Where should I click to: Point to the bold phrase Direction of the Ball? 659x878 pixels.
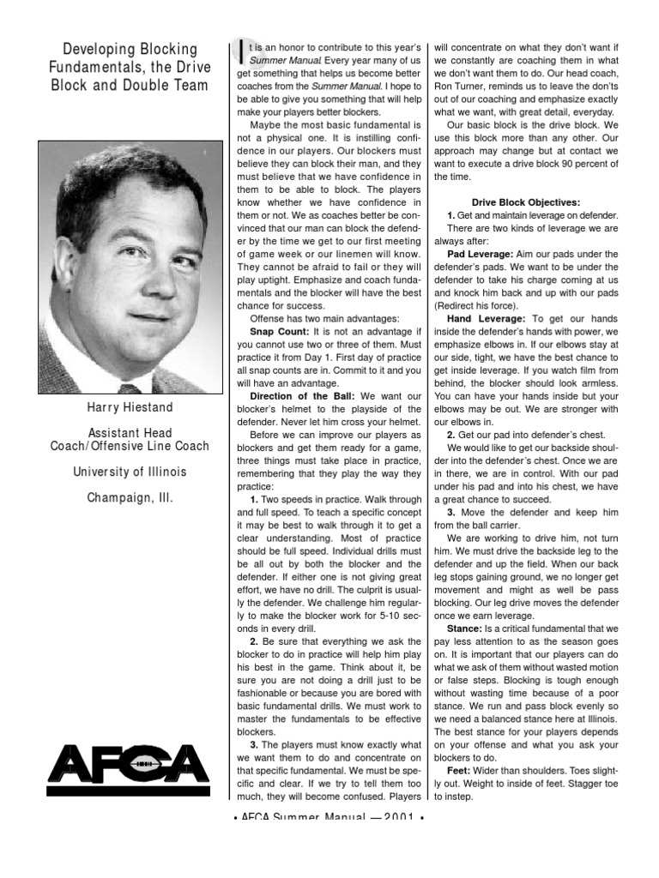(304, 396)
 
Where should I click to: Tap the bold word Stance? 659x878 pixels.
(468, 628)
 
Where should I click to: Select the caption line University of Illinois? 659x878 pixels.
(129, 472)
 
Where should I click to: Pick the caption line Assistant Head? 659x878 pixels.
(129, 433)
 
